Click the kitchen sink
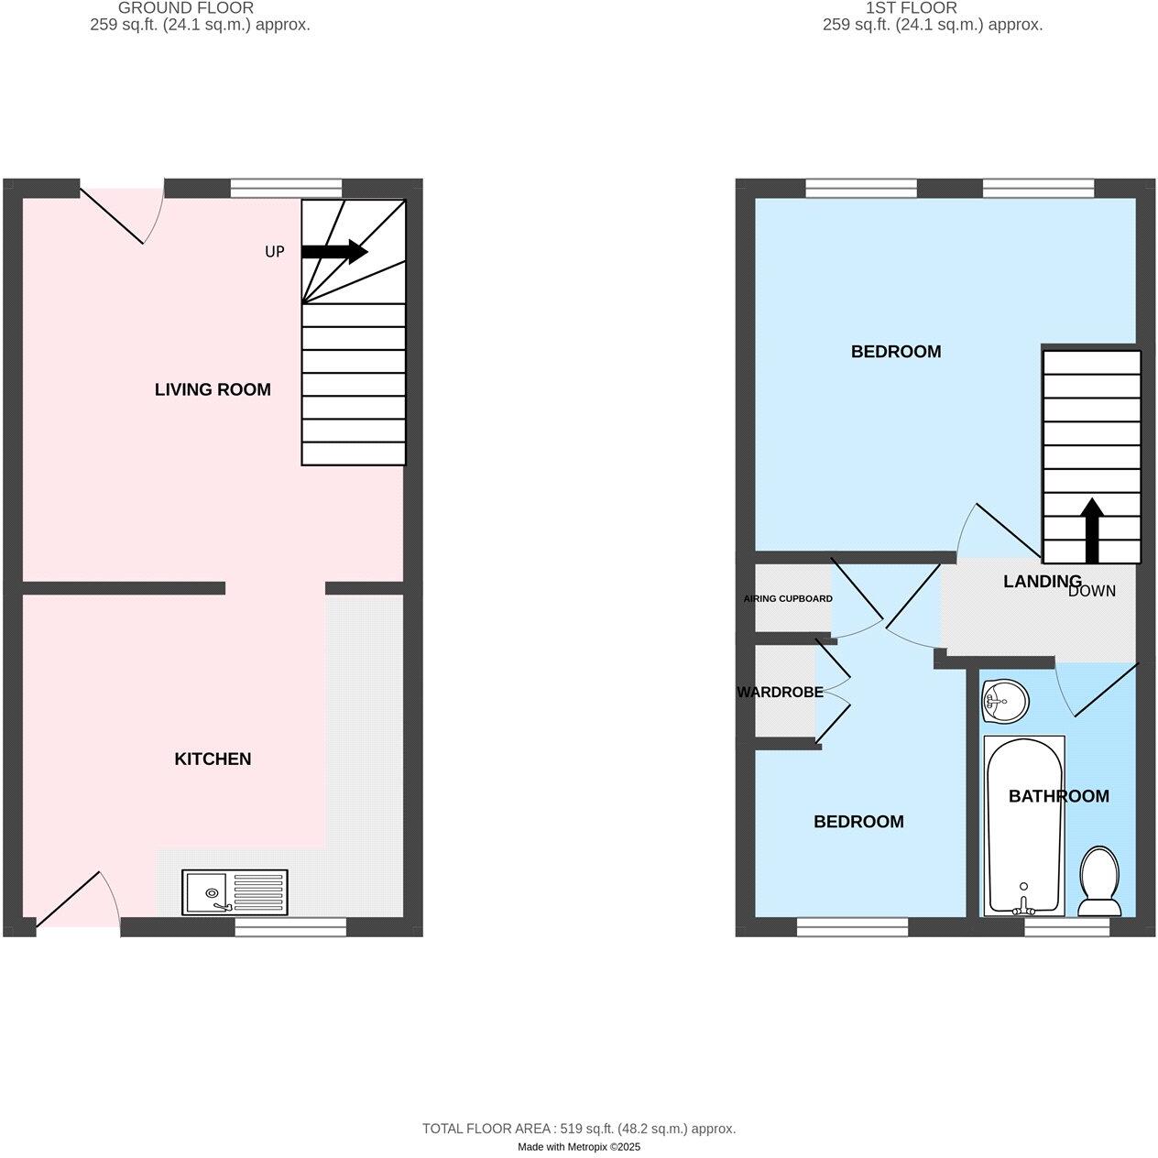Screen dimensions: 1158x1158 [x=235, y=892]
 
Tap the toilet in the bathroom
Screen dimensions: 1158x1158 [x=1098, y=881]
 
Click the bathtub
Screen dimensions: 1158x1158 [x=1023, y=825]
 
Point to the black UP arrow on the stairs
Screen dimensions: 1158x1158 [x=334, y=252]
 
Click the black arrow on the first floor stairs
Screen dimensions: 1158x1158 [x=1091, y=530]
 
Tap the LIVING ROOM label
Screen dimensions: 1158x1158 [x=213, y=389]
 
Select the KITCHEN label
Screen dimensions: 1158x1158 [x=213, y=759]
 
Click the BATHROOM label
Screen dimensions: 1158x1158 [x=1058, y=796]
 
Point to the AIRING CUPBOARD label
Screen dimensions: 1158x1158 [x=788, y=598]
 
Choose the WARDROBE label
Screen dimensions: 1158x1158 [x=780, y=693]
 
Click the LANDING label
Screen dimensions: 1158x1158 [x=1042, y=581]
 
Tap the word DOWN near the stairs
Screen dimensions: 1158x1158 [x=1092, y=591]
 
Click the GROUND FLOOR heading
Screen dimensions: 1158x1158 [x=186, y=7]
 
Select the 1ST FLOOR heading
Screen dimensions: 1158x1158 [x=911, y=7]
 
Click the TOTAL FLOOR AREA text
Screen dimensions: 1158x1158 [x=578, y=1129]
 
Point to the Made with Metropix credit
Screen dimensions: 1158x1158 [x=578, y=1147]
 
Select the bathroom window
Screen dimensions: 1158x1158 [x=1066, y=927]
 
